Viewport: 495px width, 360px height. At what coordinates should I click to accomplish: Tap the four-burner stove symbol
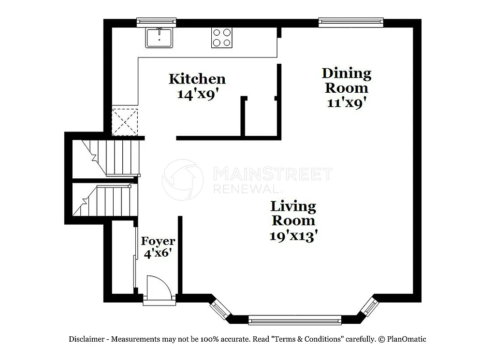[x=222, y=38]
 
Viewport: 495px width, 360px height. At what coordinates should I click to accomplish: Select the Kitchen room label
[x=197, y=79]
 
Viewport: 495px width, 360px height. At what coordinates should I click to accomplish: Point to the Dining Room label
[x=347, y=81]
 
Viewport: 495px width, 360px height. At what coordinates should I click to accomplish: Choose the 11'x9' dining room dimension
[x=346, y=103]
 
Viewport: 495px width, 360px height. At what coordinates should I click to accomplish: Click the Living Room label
[x=293, y=213]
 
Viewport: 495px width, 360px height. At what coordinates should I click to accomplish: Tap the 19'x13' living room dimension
[x=293, y=236]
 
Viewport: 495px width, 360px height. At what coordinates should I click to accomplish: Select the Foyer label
[x=158, y=241]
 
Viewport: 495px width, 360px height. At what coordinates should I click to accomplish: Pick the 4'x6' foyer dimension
[x=158, y=252]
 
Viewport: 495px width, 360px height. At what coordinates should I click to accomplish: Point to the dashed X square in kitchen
[x=125, y=122]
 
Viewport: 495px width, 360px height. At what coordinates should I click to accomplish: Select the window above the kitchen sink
[x=156, y=22]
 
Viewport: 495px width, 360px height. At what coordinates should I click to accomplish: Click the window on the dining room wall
[x=350, y=22]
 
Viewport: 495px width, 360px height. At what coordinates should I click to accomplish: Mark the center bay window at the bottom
[x=294, y=319]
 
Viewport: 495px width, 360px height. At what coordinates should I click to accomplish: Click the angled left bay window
[x=220, y=307]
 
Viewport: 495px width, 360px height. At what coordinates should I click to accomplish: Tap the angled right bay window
[x=369, y=305]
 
